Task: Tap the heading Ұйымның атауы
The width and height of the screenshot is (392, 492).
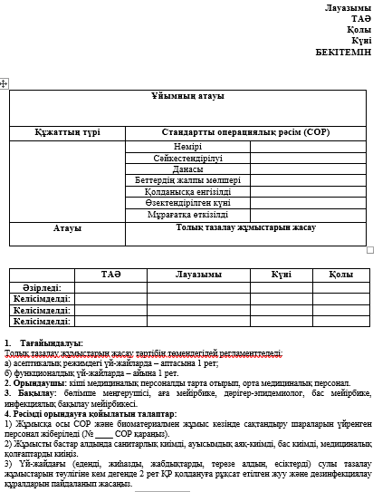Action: coord(186,96)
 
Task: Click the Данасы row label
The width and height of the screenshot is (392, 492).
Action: coord(186,169)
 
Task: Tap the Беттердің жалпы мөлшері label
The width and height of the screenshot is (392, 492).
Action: coord(186,180)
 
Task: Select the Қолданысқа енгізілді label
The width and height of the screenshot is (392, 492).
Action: coord(186,192)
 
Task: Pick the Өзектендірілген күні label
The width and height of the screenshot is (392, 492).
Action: coord(186,203)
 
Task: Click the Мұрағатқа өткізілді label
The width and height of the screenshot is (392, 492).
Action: coord(186,215)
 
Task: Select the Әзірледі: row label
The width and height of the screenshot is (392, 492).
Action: coord(42,286)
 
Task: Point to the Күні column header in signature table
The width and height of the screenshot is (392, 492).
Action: coord(281,275)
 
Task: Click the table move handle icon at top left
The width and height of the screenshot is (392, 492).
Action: coord(5,82)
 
